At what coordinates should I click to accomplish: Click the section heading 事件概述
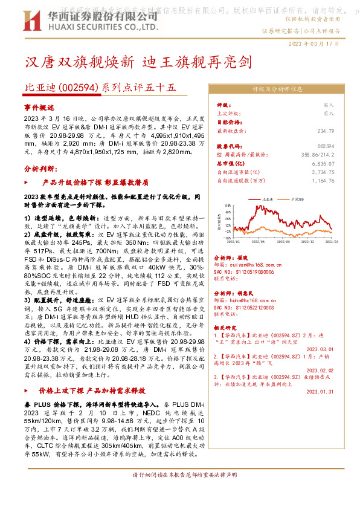coord(40,106)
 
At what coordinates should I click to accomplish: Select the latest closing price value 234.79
coord(325,130)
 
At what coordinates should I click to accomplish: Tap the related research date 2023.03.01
coord(320,349)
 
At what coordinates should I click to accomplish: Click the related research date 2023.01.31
coord(320,391)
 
